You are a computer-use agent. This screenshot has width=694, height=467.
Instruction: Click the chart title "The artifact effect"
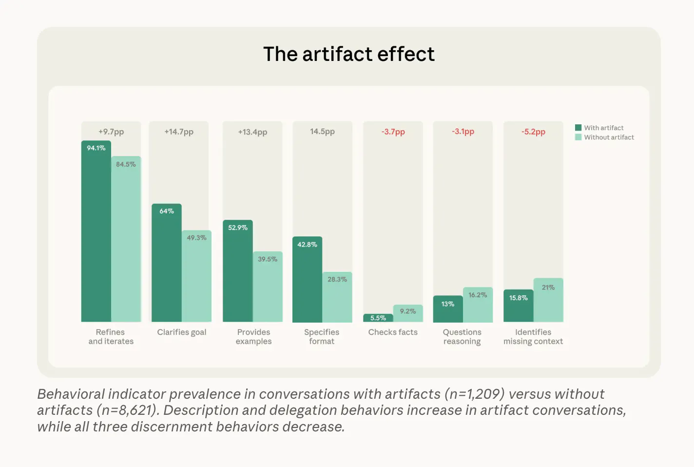348,54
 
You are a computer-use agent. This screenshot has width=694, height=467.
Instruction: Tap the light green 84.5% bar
126,239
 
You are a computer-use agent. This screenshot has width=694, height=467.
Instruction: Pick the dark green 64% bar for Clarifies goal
167,263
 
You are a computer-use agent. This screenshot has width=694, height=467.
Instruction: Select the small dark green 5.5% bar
378,318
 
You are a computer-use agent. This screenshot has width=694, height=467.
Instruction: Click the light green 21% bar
548,300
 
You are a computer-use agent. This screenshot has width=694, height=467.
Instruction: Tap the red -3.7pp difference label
393,132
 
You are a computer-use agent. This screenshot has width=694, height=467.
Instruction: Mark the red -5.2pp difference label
533,132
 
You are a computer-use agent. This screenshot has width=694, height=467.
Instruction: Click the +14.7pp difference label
179,132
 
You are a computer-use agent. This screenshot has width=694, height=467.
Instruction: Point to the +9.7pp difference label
111,132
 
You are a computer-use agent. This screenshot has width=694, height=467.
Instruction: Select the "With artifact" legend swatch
578,128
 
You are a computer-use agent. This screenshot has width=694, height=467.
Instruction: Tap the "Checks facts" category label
393,332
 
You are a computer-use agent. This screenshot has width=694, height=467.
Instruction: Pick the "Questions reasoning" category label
462,336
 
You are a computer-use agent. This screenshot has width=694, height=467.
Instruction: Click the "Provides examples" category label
253,336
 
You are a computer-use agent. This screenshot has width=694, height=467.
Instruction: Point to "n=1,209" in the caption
474,394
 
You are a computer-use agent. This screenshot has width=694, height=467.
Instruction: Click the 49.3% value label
196,238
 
